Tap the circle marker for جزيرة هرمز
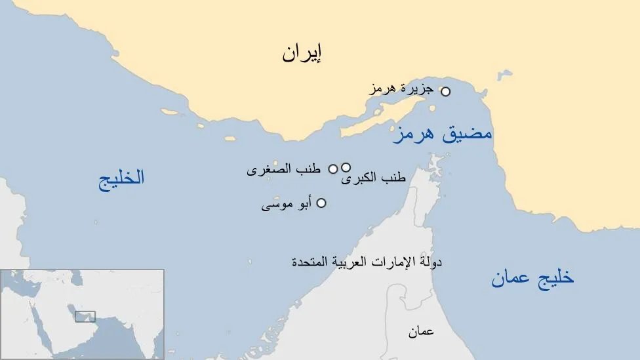(x=445, y=92)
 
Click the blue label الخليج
(x=121, y=178)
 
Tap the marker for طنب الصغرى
(x=333, y=169)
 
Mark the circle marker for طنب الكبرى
(x=346, y=167)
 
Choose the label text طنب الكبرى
(x=373, y=178)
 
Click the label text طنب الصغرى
(x=283, y=169)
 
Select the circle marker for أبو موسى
(x=321, y=203)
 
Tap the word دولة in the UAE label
(x=430, y=262)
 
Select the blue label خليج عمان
(x=532, y=278)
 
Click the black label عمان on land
(x=421, y=332)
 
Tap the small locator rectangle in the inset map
(x=85, y=316)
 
